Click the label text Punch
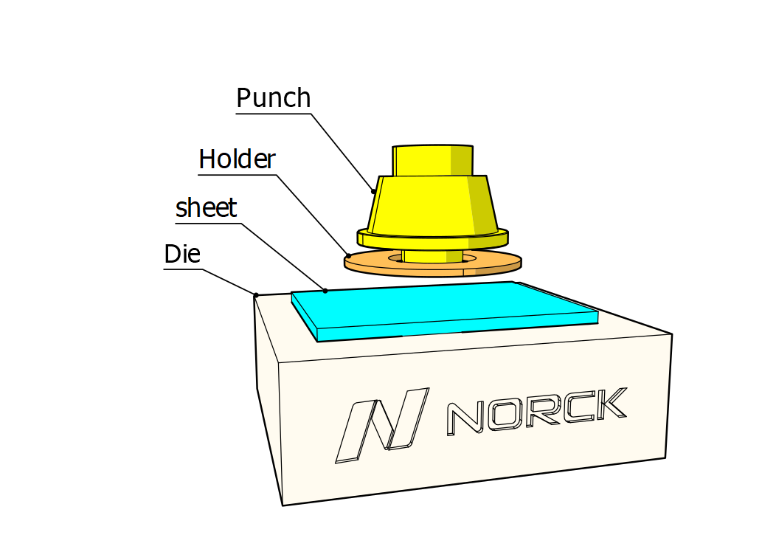coord(274,98)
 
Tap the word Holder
coord(237,159)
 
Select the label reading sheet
coord(207,208)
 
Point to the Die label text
coord(182,255)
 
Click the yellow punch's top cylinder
coord(432,159)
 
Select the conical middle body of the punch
coord(432,203)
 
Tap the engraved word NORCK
coord(537,411)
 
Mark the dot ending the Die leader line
coord(256,295)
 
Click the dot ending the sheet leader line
coord(325,291)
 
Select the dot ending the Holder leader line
coord(348,255)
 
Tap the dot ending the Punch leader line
coord(373,191)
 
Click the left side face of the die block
coord(268,398)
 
